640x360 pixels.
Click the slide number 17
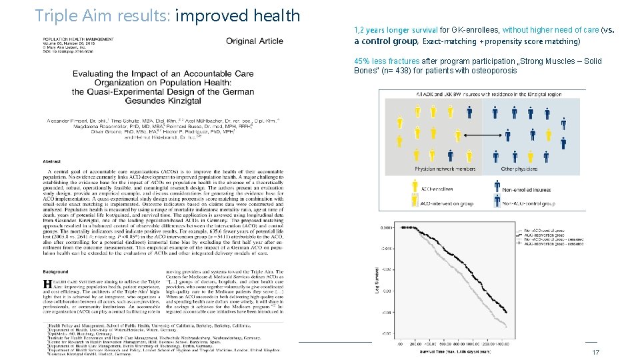click(596, 352)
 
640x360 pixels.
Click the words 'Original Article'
click(254, 41)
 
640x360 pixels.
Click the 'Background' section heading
click(56, 272)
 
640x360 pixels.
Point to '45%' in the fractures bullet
click(363, 61)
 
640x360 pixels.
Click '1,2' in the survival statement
click(360, 30)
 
